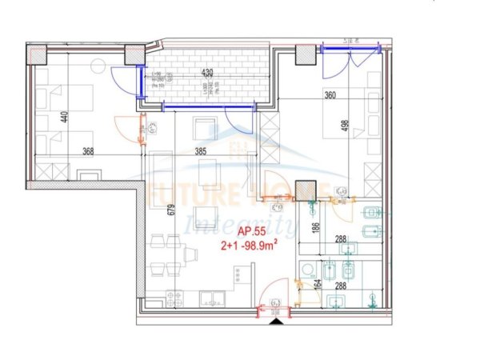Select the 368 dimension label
tap(94, 151)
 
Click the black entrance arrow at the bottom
tap(276, 321)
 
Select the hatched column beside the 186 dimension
tap(305, 193)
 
